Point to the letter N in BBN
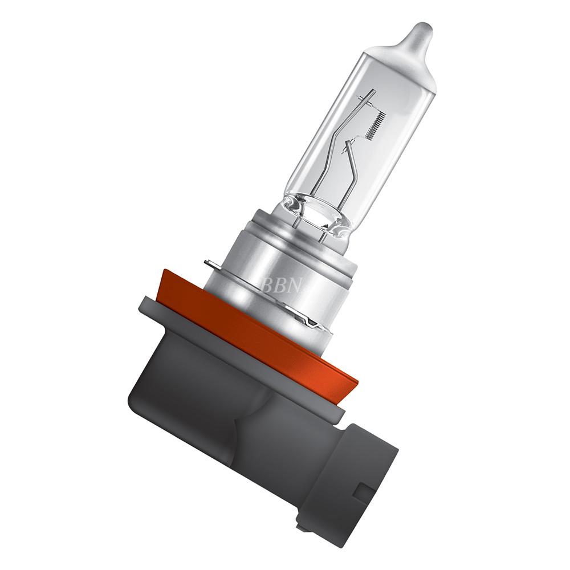295,286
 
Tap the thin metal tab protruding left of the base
212,264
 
